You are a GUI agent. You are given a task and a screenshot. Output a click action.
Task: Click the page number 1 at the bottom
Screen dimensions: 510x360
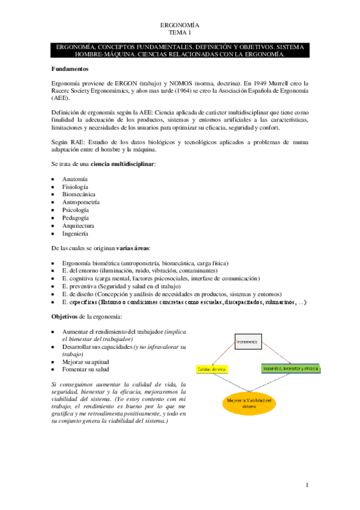pos(307,485)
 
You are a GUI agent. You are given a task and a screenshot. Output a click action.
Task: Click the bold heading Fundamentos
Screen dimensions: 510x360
pos(70,69)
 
